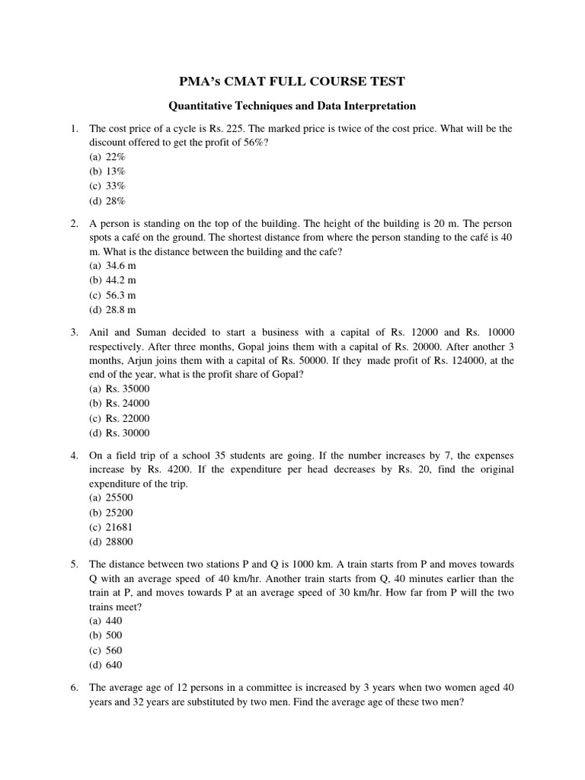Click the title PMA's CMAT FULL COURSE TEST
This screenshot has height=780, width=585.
coord(292,82)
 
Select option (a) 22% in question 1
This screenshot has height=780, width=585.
coord(107,157)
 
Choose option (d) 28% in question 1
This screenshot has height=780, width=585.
coord(107,201)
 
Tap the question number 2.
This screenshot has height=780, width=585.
coord(75,224)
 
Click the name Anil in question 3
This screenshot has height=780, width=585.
coord(101,333)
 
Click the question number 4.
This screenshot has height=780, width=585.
coord(75,455)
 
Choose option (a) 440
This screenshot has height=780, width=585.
coord(106,621)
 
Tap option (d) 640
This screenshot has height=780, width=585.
coord(106,664)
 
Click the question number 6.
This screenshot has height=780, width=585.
coord(75,687)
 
